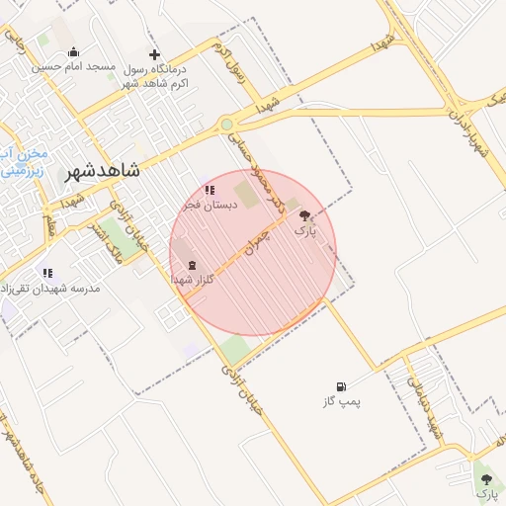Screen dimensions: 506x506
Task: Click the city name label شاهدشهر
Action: [103, 171]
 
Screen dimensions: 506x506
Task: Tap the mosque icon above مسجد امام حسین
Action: [73, 52]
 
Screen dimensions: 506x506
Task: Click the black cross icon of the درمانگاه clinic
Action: [154, 54]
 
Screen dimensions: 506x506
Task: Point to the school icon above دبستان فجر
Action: [209, 189]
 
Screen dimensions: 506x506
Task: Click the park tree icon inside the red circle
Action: [304, 214]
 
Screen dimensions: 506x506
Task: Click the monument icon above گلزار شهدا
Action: [191, 265]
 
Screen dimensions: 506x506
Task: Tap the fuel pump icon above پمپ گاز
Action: [341, 386]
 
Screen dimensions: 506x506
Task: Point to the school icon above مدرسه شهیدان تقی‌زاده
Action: [46, 272]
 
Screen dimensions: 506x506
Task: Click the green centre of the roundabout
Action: [227, 125]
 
